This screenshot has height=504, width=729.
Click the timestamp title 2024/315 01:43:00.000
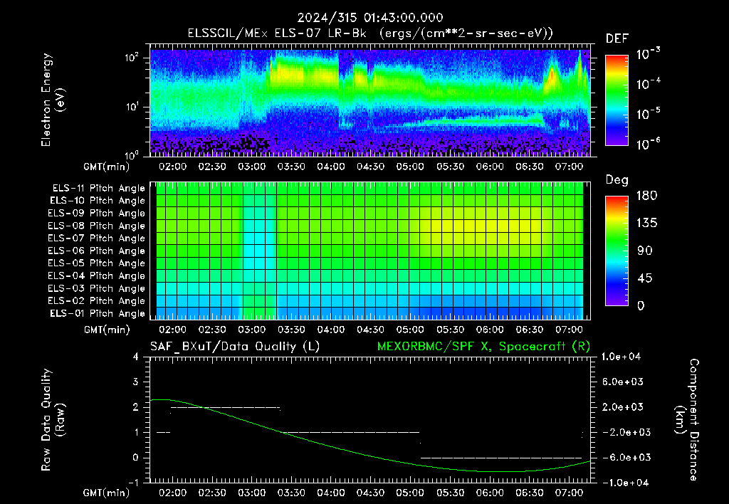(370, 18)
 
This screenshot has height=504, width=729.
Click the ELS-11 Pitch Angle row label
(98, 189)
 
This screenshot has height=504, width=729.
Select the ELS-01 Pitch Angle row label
(98, 313)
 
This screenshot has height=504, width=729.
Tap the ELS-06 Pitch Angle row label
(96, 251)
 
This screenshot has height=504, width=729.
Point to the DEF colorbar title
(617, 38)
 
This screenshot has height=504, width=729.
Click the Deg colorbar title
(617, 180)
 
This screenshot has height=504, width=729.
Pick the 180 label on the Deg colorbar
(646, 195)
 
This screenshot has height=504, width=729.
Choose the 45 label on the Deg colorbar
(644, 278)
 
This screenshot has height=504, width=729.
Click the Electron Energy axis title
(53, 100)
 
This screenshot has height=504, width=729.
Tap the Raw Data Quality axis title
(53, 420)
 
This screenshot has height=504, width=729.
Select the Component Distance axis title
(687, 420)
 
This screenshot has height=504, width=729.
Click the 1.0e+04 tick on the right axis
(621, 357)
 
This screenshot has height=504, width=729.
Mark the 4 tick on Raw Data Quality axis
(135, 357)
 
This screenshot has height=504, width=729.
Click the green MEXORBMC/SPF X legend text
(483, 347)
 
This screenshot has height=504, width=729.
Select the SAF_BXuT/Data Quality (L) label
(235, 347)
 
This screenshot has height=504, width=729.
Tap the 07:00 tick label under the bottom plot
(569, 493)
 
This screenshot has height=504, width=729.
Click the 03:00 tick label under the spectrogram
(251, 167)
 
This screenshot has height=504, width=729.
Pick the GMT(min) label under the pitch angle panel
(107, 330)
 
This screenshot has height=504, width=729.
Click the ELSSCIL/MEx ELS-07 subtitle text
(277, 33)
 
